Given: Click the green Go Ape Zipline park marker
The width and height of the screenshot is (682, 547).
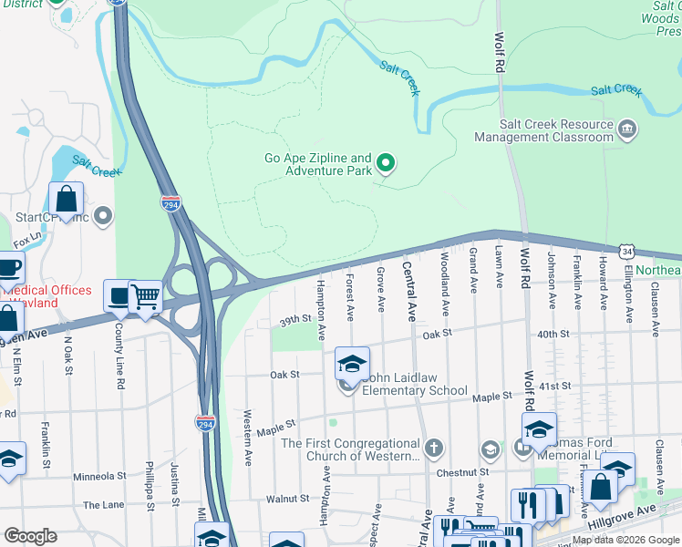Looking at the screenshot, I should coord(387,164).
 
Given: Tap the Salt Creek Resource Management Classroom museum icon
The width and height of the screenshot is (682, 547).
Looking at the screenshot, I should coord(626,130).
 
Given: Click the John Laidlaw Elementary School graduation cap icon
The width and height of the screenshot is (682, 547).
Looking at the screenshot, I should coord(352,365).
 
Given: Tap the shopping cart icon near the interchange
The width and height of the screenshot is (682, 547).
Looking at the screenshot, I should coord(145,296).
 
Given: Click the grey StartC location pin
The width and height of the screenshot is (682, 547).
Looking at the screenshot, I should coord(103,217).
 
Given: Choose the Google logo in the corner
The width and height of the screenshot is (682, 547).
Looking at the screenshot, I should coord(30,535).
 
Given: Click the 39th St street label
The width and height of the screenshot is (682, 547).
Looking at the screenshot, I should coord(295,321).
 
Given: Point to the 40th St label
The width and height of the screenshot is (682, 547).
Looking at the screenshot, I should coord(553,335).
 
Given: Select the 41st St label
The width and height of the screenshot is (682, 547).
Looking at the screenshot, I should coord(553,386).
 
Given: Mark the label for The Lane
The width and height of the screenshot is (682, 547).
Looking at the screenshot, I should coord(102,504).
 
